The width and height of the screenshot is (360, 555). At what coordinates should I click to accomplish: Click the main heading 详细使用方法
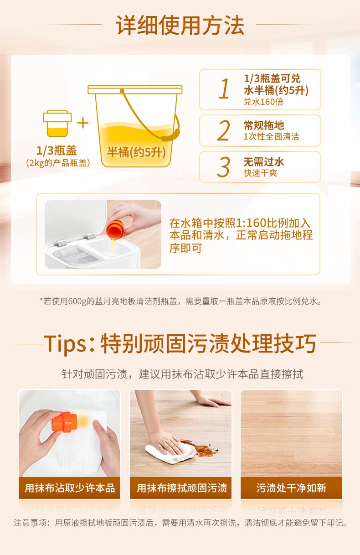pyautogui.click(x=180, y=25)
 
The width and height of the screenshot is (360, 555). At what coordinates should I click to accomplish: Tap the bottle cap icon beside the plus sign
pyautogui.click(x=57, y=124)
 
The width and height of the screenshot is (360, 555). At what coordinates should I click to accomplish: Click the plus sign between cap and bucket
pyautogui.click(x=83, y=123)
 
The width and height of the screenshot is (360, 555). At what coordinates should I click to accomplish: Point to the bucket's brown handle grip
pyautogui.click(x=171, y=135)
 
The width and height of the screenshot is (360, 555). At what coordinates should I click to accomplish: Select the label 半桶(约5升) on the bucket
pyautogui.click(x=136, y=152)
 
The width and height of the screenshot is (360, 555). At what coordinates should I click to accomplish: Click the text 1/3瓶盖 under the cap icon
pyautogui.click(x=57, y=150)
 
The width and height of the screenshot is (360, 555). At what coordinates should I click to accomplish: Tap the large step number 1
pyautogui.click(x=224, y=88)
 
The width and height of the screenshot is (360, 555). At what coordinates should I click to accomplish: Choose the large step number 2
pyautogui.click(x=223, y=130)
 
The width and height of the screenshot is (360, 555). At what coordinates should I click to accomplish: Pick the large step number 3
pyautogui.click(x=223, y=167)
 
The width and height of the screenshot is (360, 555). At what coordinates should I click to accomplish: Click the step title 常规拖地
pyautogui.click(x=264, y=125)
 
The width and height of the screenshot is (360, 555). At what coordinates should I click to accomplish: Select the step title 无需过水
pyautogui.click(x=264, y=162)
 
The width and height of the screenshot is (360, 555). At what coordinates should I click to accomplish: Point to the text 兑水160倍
pyautogui.click(x=263, y=102)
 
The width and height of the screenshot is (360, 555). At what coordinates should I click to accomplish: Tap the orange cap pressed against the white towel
pyautogui.click(x=65, y=422)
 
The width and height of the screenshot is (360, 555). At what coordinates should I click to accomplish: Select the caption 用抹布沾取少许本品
pyautogui.click(x=70, y=488)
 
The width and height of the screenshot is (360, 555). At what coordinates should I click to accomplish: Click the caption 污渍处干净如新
pyautogui.click(x=291, y=488)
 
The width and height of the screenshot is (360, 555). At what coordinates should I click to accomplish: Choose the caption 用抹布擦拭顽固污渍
pyautogui.click(x=182, y=488)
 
